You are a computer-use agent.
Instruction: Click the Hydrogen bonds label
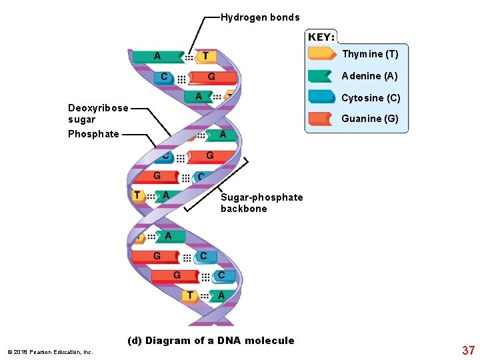(x=260, y=17)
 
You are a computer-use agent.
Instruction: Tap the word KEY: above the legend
(x=321, y=37)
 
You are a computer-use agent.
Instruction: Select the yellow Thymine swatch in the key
(x=322, y=54)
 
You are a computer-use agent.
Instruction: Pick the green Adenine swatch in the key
(x=321, y=76)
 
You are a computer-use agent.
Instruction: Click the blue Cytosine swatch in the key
(x=321, y=97)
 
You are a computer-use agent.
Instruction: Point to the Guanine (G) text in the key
(x=369, y=119)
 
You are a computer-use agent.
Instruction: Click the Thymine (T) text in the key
(x=370, y=54)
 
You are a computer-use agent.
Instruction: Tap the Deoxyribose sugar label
(x=98, y=113)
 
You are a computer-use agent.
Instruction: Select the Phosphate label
(x=93, y=134)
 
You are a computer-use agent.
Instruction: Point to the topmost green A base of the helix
(x=157, y=57)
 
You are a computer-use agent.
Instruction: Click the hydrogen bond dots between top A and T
(x=189, y=57)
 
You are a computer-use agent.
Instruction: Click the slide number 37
(x=468, y=350)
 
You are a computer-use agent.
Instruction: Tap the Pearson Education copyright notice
(x=50, y=351)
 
